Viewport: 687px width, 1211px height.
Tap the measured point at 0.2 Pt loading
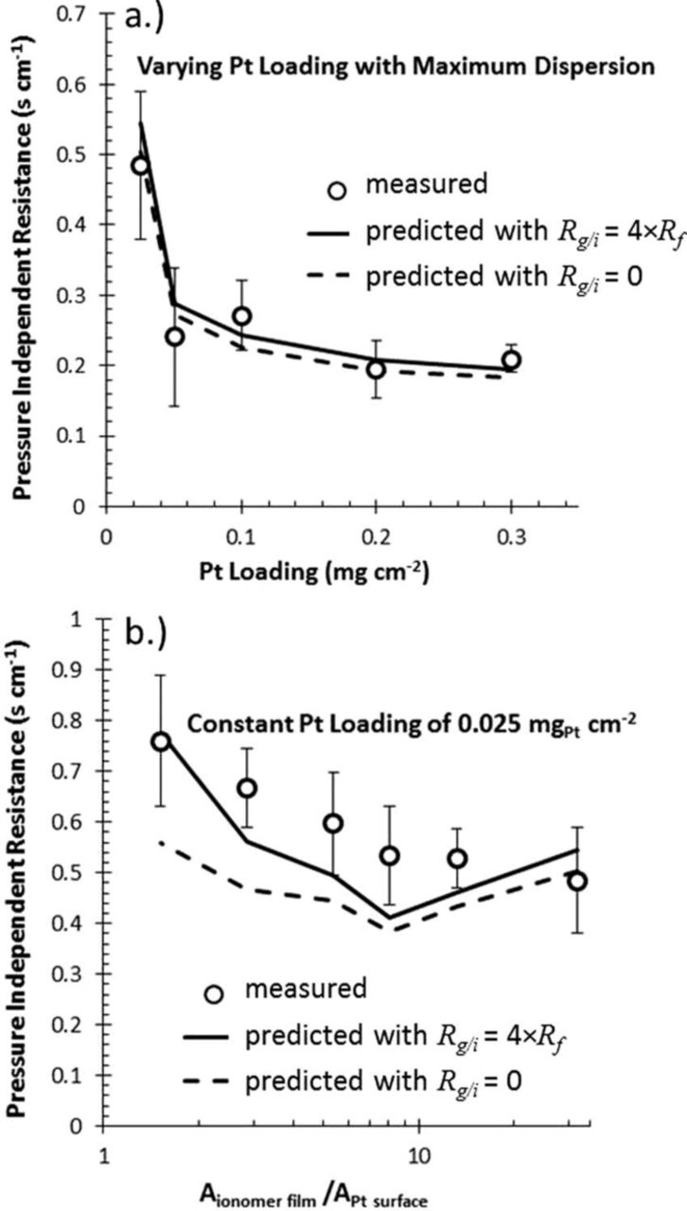pyautogui.click(x=376, y=369)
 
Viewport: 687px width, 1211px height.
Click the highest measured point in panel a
pyautogui.click(x=140, y=166)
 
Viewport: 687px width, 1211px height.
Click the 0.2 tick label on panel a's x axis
pyautogui.click(x=376, y=535)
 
